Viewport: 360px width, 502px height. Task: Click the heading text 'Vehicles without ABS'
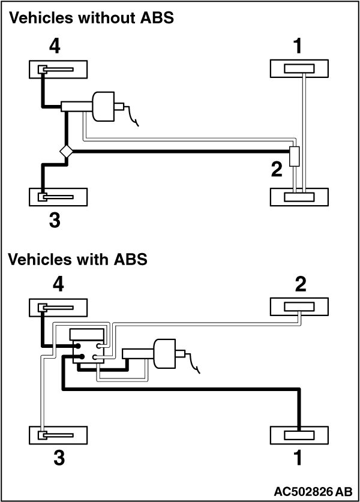tap(91, 17)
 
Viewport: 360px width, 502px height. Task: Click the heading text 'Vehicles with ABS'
tap(77, 258)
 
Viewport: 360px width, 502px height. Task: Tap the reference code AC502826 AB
tap(313, 491)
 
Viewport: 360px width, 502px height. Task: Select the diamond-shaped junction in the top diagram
tap(66, 151)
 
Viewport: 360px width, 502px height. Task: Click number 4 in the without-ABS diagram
tap(55, 46)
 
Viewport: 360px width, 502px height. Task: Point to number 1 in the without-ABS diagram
tap(298, 46)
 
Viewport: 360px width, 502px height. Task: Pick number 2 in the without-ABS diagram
tap(277, 169)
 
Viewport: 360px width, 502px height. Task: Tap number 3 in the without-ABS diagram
tap(55, 220)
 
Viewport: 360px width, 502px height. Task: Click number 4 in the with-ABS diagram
tap(58, 284)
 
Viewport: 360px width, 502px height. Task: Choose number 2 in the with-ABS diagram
tap(301, 284)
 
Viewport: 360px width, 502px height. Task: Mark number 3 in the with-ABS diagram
tap(59, 458)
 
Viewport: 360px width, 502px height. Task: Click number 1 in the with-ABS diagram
tap(298, 458)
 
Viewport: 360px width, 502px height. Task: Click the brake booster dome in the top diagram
tap(103, 107)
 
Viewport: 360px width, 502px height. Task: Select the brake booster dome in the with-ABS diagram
tap(164, 354)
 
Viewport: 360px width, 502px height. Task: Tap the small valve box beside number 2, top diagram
tap(295, 157)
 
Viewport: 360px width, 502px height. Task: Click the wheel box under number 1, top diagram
tap(299, 68)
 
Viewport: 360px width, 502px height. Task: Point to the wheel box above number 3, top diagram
tap(58, 197)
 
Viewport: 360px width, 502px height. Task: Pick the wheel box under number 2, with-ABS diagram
tap(299, 306)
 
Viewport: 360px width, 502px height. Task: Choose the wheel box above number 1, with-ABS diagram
tap(299, 435)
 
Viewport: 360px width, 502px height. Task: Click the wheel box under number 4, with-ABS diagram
tap(58, 308)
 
